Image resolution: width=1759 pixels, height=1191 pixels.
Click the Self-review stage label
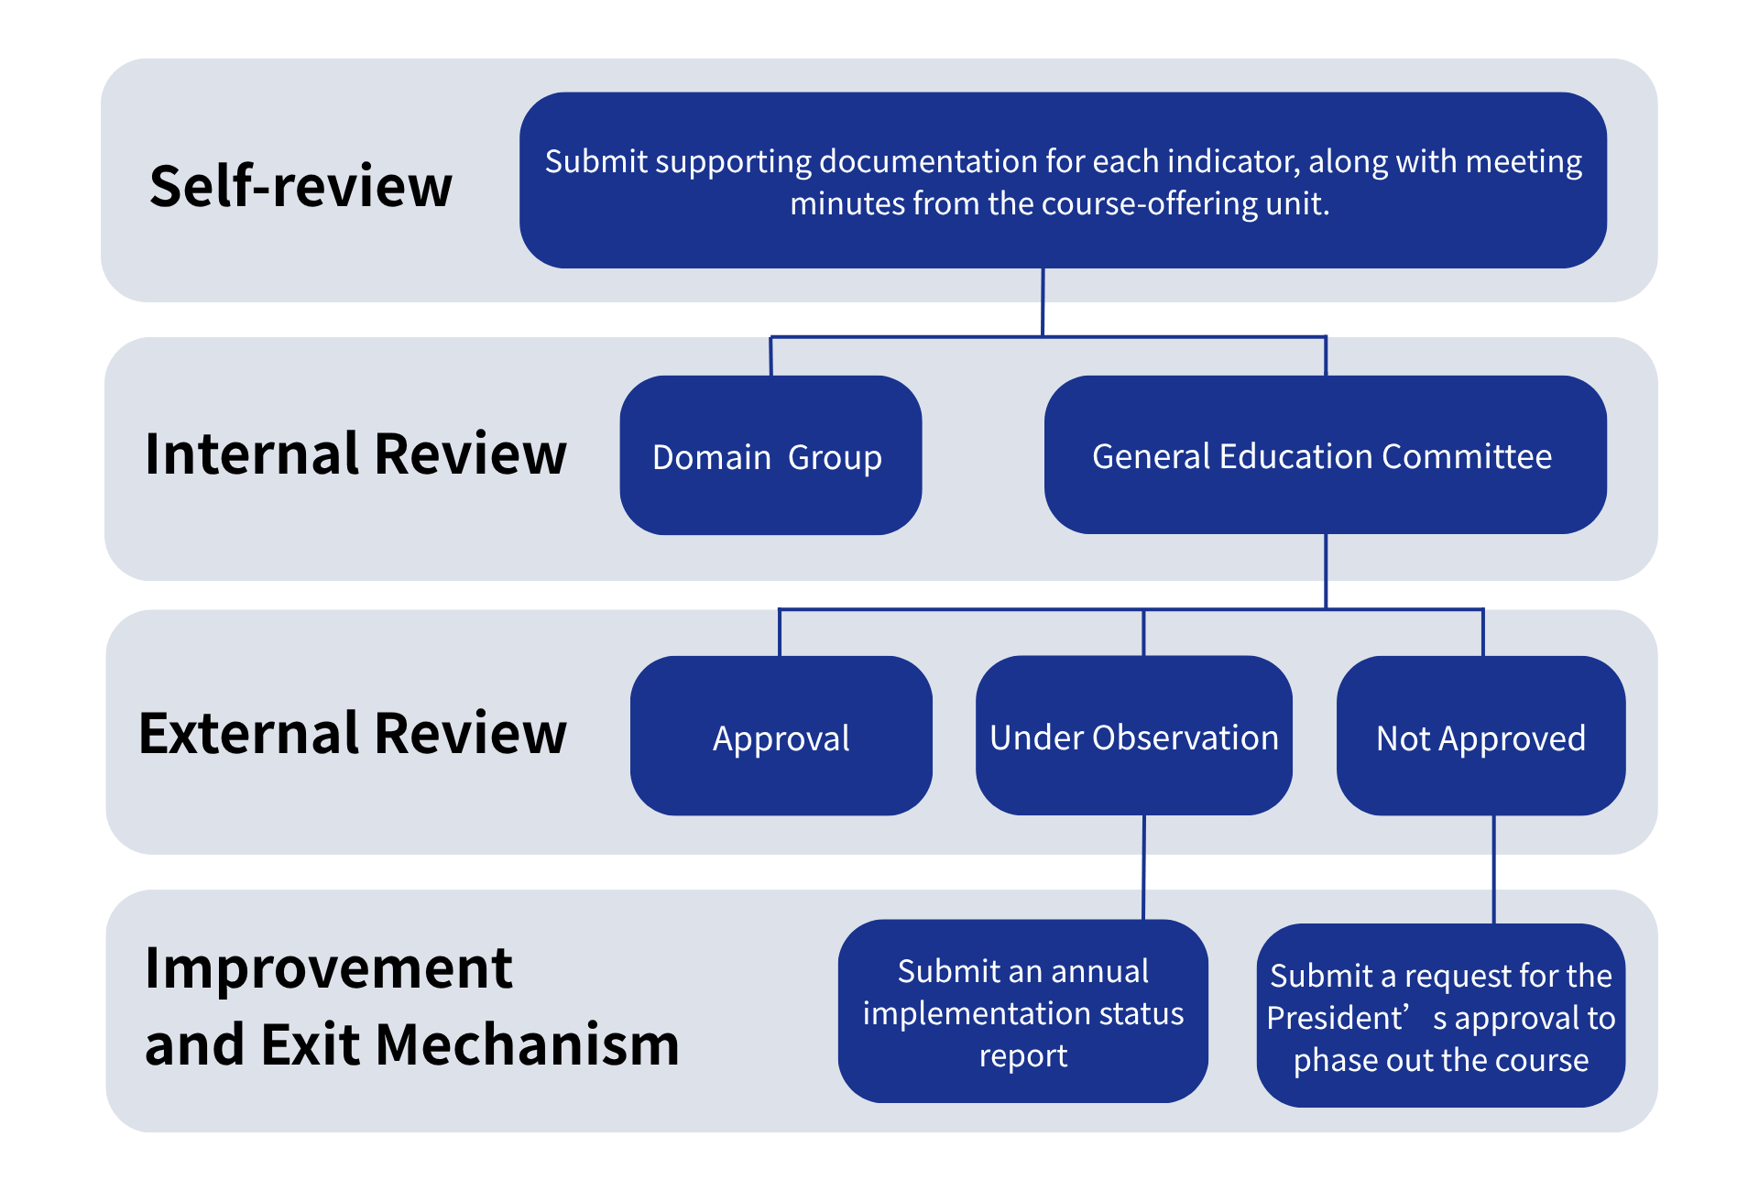pos(300,186)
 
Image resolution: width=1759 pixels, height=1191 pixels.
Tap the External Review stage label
pos(353,733)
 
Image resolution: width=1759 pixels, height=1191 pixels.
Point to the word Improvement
pos(328,967)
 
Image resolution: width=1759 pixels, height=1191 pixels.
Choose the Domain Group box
pos(770,455)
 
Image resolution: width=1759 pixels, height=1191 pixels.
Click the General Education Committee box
pos(1325,455)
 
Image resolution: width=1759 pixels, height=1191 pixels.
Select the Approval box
pos(781,736)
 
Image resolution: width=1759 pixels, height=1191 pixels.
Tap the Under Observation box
pos(1134,736)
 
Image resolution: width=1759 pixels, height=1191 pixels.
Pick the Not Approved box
pos(1480,736)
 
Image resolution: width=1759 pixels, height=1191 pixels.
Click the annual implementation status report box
pos(1022,1011)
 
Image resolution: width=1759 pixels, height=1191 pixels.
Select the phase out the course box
pos(1441,1015)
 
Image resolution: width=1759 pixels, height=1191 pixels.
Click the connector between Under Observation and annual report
pos(1143,868)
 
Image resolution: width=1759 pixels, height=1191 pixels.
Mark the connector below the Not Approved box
pos(1494,869)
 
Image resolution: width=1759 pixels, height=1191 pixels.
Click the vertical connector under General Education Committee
pos(1326,572)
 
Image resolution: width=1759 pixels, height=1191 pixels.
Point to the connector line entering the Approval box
pos(780,632)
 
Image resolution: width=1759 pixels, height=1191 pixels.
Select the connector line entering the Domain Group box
pos(771,356)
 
